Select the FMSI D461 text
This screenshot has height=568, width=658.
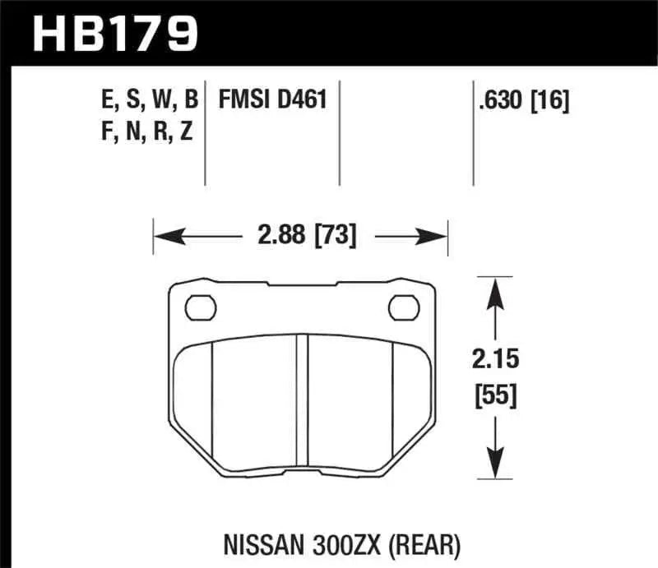pos(273,100)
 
